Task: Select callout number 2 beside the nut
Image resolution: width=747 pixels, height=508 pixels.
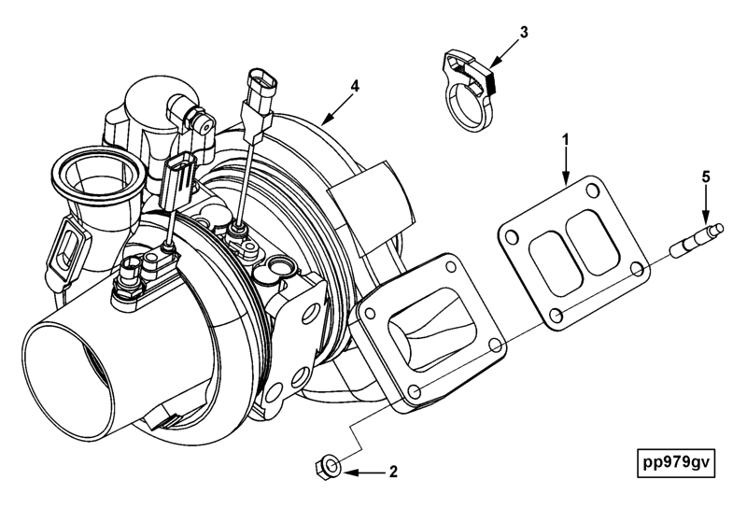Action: click(393, 472)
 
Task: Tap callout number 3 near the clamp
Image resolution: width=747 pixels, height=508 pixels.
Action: click(524, 32)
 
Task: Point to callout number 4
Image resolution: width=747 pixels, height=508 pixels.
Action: click(355, 85)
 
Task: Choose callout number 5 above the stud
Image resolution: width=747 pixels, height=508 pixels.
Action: click(706, 175)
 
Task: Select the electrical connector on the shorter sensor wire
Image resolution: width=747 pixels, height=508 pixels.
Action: click(180, 177)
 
